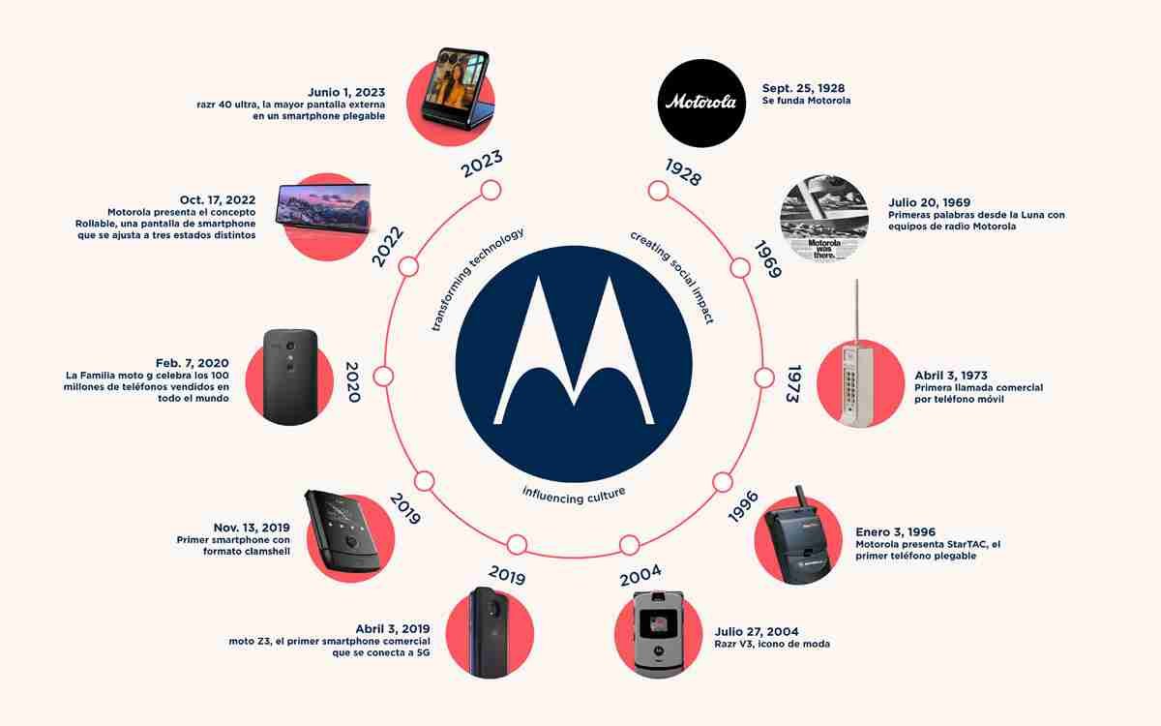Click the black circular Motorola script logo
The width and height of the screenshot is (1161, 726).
click(701, 103)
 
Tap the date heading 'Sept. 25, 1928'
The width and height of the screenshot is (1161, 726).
click(803, 88)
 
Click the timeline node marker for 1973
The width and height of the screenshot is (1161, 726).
click(763, 378)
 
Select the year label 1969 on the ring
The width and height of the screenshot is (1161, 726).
click(767, 259)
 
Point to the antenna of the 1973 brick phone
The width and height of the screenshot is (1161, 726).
click(857, 311)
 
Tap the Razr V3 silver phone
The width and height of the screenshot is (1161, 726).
click(658, 634)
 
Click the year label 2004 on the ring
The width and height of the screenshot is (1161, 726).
click(640, 575)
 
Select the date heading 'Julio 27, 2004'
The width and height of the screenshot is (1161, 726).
click(757, 631)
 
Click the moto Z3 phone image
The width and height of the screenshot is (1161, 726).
click(489, 632)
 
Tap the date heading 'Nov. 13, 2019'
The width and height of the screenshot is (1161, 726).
click(252, 528)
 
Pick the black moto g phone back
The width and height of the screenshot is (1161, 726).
click(290, 377)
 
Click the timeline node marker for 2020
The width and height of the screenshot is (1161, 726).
click(383, 377)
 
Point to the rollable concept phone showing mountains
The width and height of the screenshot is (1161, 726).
click(323, 207)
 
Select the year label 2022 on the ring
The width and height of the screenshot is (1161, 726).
click(388, 246)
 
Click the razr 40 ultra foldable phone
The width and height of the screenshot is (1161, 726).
click(456, 88)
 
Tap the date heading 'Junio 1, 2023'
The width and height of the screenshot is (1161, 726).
click(346, 92)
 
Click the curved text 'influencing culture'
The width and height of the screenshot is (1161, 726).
click(574, 496)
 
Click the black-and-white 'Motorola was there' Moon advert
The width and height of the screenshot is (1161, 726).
click(824, 219)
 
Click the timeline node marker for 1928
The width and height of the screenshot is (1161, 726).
click(658, 191)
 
